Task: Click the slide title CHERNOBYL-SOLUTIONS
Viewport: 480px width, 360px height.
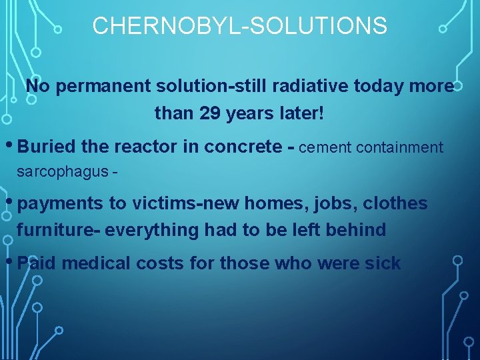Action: pyautogui.click(x=239, y=26)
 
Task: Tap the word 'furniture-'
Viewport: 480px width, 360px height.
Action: pyautogui.click(x=58, y=230)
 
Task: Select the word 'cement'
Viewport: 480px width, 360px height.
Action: pyautogui.click(x=325, y=147)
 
